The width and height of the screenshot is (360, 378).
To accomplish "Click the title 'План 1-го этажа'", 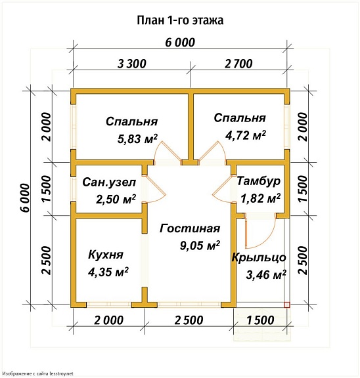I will pyautogui.click(x=179, y=20).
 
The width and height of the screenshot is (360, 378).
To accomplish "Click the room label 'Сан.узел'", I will pyautogui.click(x=109, y=182).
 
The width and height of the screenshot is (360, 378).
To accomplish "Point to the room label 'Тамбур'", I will pyautogui.click(x=259, y=180).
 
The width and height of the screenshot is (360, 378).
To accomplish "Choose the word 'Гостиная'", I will pyautogui.click(x=189, y=228).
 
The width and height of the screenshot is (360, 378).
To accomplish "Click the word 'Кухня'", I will pyautogui.click(x=105, y=254).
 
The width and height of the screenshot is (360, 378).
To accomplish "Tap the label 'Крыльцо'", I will pyautogui.click(x=259, y=257).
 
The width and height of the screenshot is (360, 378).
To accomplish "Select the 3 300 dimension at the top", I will pyautogui.click(x=131, y=64).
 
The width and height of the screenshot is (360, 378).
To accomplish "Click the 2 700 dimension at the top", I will pyautogui.click(x=238, y=64).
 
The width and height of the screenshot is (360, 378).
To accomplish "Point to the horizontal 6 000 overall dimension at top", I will pyautogui.click(x=180, y=43).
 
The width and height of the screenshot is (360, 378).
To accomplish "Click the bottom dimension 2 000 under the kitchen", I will pyautogui.click(x=109, y=320).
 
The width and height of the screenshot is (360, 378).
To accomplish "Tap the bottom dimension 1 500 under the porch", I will pyautogui.click(x=261, y=320).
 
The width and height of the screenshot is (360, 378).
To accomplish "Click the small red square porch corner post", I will pyautogui.click(x=286, y=304).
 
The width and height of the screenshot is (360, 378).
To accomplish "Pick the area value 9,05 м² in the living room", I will pyautogui.click(x=199, y=246).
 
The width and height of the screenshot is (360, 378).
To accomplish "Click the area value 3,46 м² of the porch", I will pyautogui.click(x=266, y=275).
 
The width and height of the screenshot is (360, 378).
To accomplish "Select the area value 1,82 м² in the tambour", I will pyautogui.click(x=260, y=198).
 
